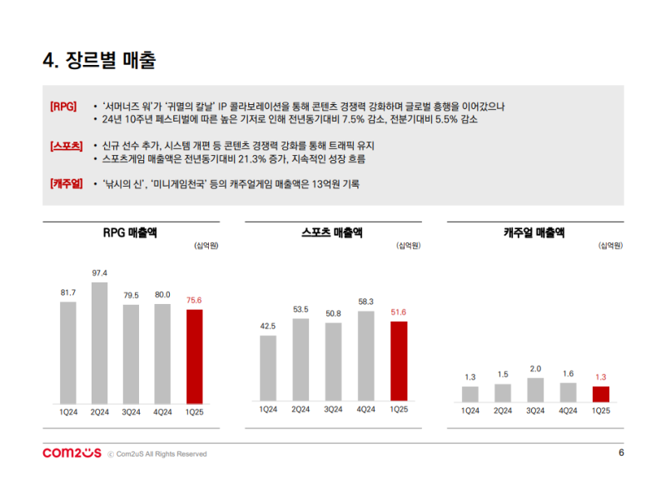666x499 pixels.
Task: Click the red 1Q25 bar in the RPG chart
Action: [194, 356]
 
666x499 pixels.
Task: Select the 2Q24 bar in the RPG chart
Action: [100, 342]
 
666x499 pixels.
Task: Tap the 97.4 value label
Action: [100, 273]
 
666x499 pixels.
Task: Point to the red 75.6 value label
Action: [194, 301]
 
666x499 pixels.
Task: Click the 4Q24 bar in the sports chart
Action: [366, 355]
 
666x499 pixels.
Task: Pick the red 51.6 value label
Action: [399, 312]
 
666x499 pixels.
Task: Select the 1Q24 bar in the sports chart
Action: [268, 367]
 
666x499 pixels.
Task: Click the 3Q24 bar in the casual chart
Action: [535, 390]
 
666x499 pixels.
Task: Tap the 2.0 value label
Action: [535, 369]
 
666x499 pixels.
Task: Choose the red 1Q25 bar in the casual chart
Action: [601, 394]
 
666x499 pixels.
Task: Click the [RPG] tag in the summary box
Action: [64, 107]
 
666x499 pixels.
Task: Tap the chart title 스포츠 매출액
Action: [332, 233]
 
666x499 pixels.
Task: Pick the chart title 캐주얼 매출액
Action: [534, 233]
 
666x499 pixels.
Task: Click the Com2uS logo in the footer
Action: [72, 453]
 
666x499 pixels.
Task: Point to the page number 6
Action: [621, 453]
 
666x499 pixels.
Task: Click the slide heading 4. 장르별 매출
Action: [99, 60]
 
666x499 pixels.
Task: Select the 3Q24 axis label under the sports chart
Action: [333, 409]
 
